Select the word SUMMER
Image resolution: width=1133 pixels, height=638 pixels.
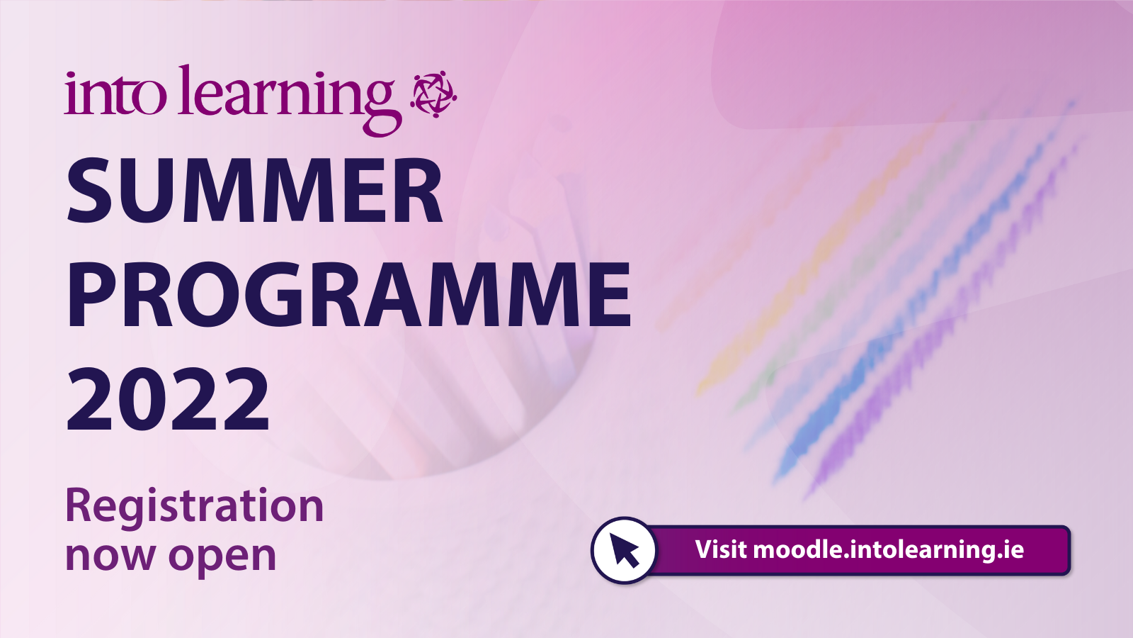(255, 191)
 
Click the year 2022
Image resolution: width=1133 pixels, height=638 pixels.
(168, 400)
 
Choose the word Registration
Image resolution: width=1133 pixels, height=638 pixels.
(194, 508)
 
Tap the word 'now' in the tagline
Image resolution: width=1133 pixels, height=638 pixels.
(110, 556)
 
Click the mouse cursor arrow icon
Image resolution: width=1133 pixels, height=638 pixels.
(625, 550)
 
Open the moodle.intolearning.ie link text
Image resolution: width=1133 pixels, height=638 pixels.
(888, 550)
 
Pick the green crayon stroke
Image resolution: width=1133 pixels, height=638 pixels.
(860, 263)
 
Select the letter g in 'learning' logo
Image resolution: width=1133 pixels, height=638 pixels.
(382, 108)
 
